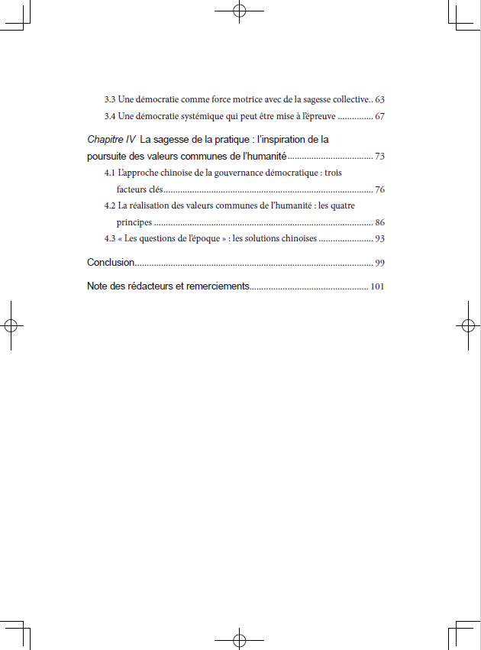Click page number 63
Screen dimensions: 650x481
click(379, 100)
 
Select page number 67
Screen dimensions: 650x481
click(379, 117)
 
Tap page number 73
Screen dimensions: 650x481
click(379, 157)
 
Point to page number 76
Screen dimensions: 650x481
click(379, 189)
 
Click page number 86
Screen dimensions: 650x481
click(379, 223)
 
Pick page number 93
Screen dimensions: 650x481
click(379, 239)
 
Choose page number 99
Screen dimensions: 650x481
click(379, 264)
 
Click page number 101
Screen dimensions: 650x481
click(377, 287)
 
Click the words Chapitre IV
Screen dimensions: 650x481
click(111, 140)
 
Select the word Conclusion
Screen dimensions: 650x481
click(111, 263)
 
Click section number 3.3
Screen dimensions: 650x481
click(110, 100)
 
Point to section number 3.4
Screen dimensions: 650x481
click(110, 117)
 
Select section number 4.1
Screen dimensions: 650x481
click(110, 173)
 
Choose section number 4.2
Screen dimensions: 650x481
click(110, 206)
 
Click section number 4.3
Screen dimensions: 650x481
click(110, 239)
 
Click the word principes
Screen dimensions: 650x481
click(134, 223)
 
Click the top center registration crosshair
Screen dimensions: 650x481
click(239, 11)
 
